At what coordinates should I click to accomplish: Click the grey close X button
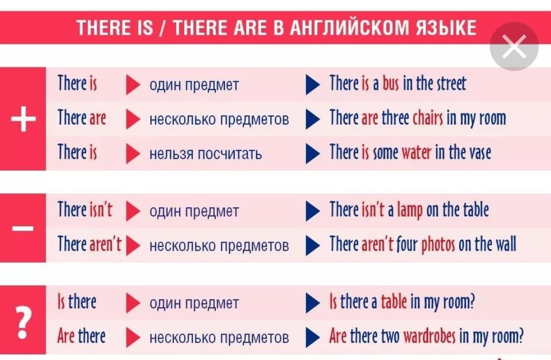tap(514, 46)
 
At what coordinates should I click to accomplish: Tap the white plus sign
tap(23, 119)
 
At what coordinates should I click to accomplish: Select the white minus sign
tap(23, 229)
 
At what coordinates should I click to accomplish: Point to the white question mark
tap(23, 322)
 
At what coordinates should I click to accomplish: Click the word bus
tap(391, 84)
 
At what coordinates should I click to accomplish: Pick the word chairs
tap(428, 118)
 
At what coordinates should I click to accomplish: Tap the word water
tap(416, 153)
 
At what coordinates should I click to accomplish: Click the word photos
tap(438, 244)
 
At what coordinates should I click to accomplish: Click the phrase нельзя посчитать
tap(206, 154)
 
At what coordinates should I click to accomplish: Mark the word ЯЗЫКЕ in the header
tap(446, 28)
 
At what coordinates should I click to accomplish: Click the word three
tap(395, 118)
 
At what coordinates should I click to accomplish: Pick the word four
tap(407, 244)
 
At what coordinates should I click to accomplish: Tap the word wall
tap(506, 244)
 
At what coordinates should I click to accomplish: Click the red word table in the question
tap(394, 302)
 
